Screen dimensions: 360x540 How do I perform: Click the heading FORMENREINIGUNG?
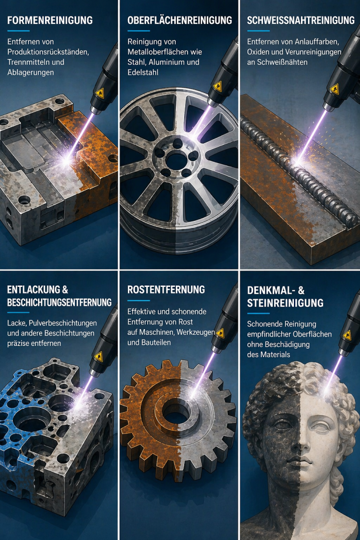pos(50,20)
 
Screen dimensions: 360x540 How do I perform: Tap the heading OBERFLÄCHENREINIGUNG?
pos(180,20)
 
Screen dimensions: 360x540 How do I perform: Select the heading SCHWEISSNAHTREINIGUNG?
pos(301,20)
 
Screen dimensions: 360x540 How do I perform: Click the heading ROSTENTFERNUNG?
pos(166,290)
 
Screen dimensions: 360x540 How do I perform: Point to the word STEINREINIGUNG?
pos(285,303)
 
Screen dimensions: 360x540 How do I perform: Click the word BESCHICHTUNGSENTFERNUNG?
pos(59,302)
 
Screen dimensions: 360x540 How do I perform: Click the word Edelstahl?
pos(143,72)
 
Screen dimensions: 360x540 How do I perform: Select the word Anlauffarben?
pos(317,42)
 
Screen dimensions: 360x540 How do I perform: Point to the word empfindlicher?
pos(269,334)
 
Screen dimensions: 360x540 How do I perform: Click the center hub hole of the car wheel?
pos(177,160)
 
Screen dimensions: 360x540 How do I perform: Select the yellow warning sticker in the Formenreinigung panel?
pos(99,93)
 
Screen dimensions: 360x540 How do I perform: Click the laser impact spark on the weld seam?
pos(297,160)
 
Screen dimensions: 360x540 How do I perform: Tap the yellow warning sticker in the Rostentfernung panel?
pos(220,333)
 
